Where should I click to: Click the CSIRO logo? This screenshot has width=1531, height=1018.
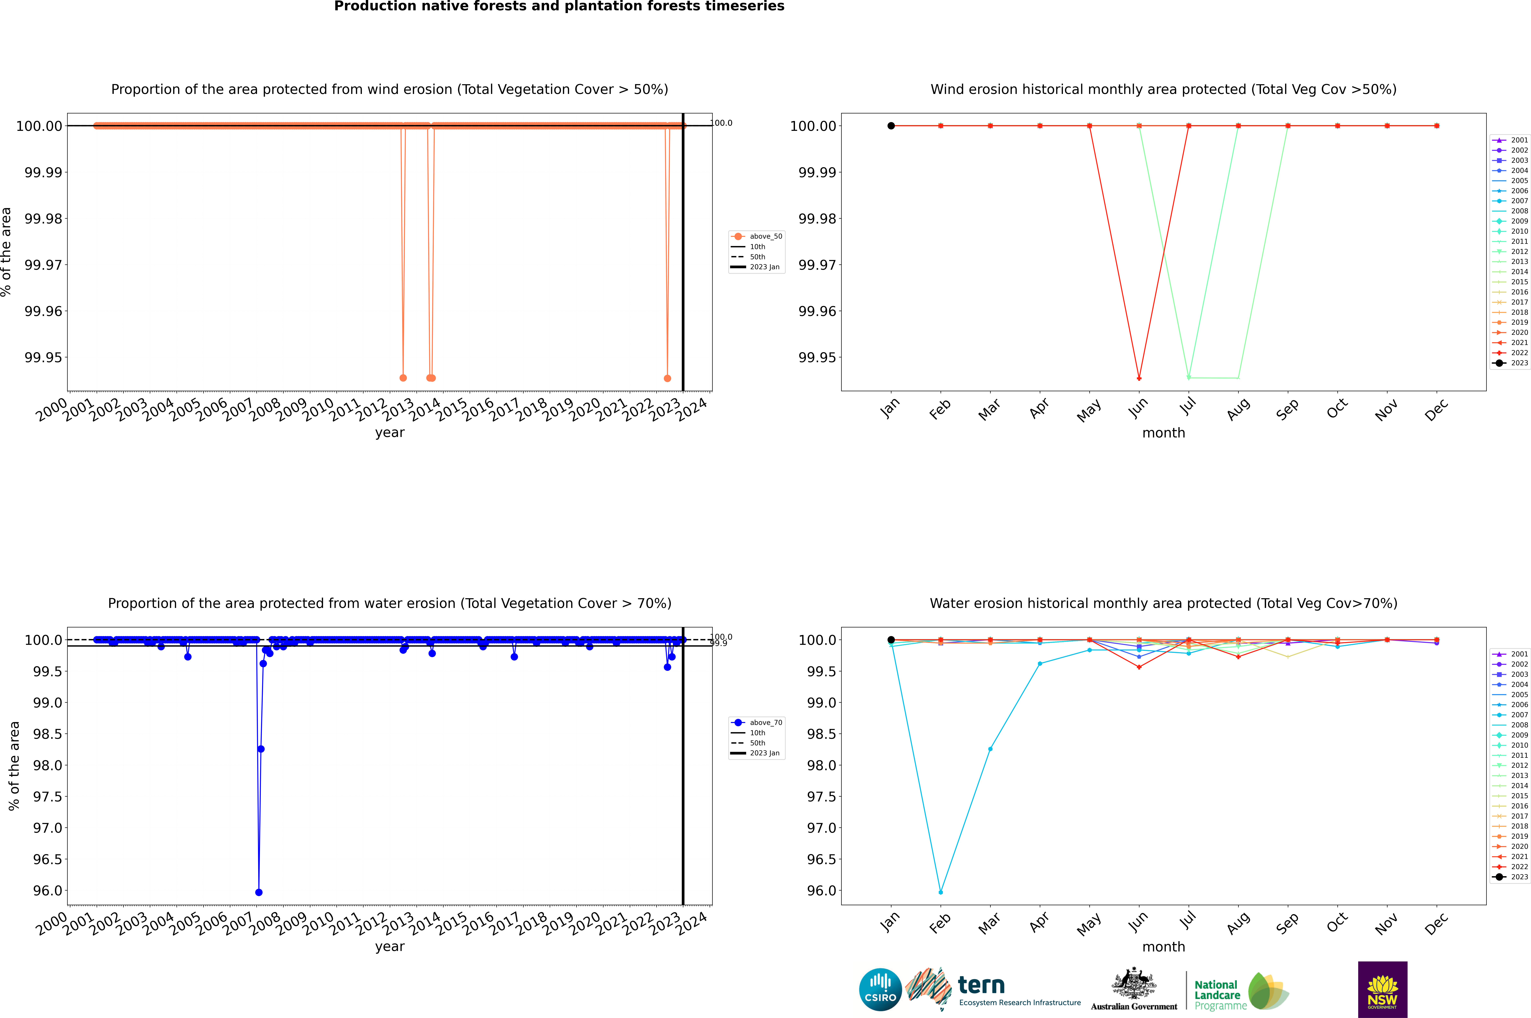(880, 989)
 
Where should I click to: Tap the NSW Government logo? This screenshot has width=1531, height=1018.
(1382, 989)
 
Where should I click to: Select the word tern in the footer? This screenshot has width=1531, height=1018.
(981, 986)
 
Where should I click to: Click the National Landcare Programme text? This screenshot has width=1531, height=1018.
(1218, 995)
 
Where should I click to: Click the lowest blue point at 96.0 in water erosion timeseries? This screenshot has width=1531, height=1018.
(259, 892)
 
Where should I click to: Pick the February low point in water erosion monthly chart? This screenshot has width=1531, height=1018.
(940, 892)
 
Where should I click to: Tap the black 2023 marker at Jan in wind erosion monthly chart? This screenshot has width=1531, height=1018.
(891, 126)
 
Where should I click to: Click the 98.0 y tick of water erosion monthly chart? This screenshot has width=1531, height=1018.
(821, 766)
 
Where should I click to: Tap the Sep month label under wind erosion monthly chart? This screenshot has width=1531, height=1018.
(1288, 409)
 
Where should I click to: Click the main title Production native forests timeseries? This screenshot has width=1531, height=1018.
(559, 6)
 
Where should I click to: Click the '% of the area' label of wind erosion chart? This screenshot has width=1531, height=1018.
(6, 252)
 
